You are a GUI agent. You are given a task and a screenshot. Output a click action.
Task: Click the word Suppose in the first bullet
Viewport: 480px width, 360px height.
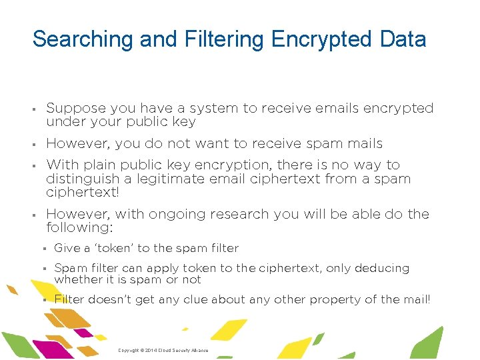[75, 109]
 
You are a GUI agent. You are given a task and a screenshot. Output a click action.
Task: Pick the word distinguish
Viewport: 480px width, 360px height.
[80, 179]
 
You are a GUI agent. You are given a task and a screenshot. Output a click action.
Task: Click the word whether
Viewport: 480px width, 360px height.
[77, 280]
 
